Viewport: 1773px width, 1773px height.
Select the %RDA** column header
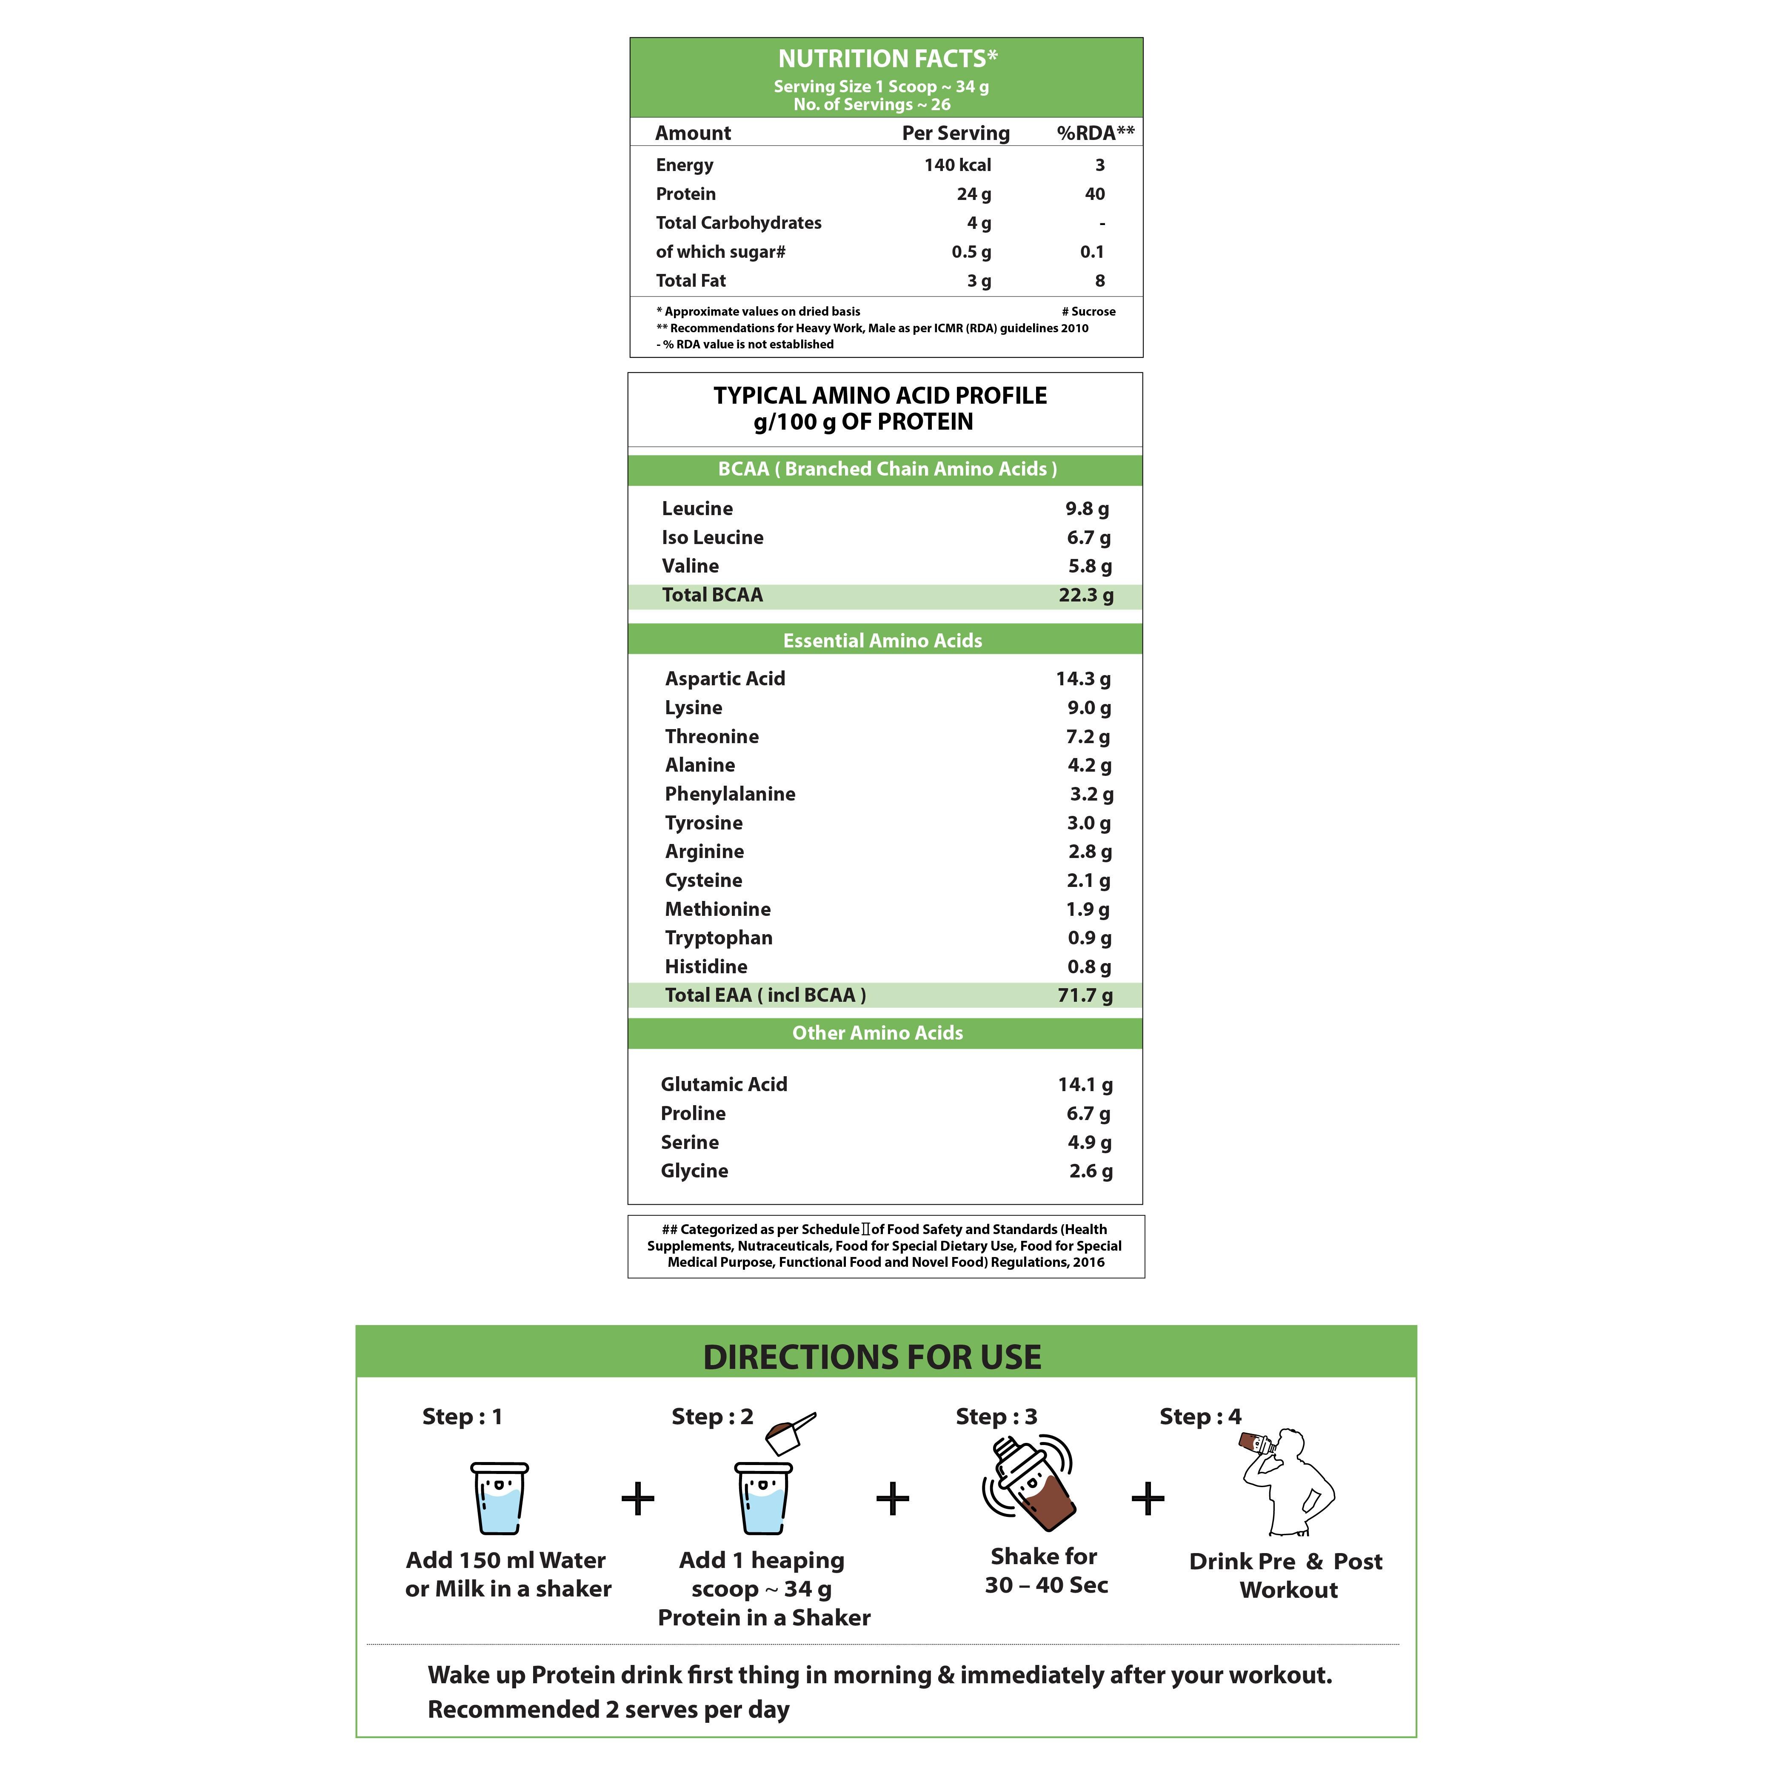click(1095, 133)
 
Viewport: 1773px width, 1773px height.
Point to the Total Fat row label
click(690, 281)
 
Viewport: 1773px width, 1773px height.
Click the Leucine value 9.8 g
click(1087, 508)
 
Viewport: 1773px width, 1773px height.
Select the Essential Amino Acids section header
click(882, 641)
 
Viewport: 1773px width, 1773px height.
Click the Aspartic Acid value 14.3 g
click(1083, 679)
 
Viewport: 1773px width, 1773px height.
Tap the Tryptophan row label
click(719, 938)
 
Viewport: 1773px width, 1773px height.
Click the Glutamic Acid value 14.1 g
click(1085, 1085)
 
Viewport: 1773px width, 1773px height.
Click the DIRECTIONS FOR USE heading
click(872, 1357)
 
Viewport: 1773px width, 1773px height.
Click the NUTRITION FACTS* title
click(887, 59)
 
